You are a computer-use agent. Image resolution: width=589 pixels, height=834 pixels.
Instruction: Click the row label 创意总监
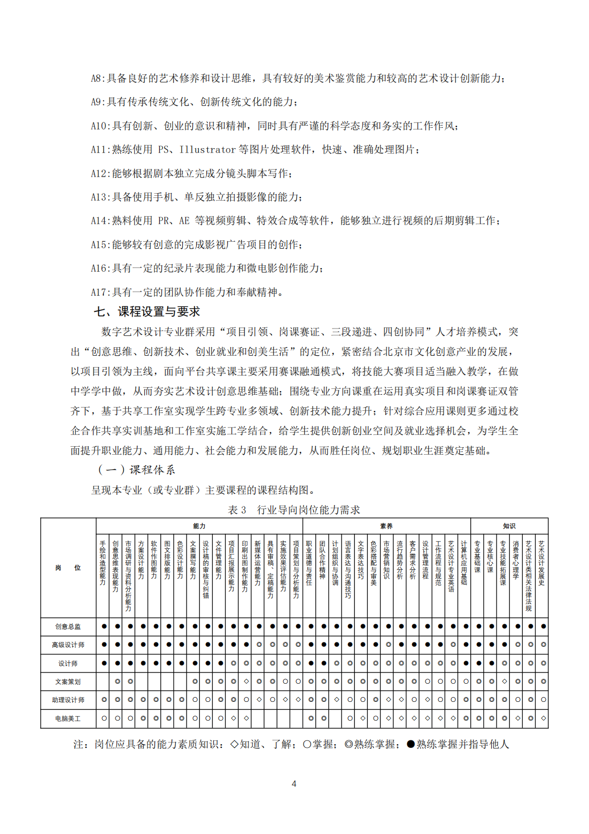coord(68,626)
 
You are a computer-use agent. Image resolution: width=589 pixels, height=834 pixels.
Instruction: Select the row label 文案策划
coord(68,682)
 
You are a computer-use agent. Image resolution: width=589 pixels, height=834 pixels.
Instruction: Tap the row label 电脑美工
coord(68,718)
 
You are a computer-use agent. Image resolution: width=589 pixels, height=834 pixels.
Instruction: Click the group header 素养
coord(386,526)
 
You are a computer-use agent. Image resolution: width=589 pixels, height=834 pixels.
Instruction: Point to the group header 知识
coord(509,526)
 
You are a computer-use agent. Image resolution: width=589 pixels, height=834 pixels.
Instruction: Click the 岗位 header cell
coord(68,568)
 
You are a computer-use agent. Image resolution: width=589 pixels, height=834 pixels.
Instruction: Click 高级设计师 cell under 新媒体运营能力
coord(259,645)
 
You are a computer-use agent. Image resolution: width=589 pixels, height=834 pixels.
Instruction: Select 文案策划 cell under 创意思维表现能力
coord(118,682)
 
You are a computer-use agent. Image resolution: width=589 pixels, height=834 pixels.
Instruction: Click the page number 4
coord(294,784)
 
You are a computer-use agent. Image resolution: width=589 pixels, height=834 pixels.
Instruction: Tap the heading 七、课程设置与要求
coord(147,311)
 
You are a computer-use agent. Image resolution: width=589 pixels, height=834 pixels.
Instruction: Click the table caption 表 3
coord(237,510)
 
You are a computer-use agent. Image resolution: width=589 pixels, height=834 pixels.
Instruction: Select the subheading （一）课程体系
coord(136,470)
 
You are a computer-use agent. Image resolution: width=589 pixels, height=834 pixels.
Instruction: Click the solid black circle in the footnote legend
coord(410,744)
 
